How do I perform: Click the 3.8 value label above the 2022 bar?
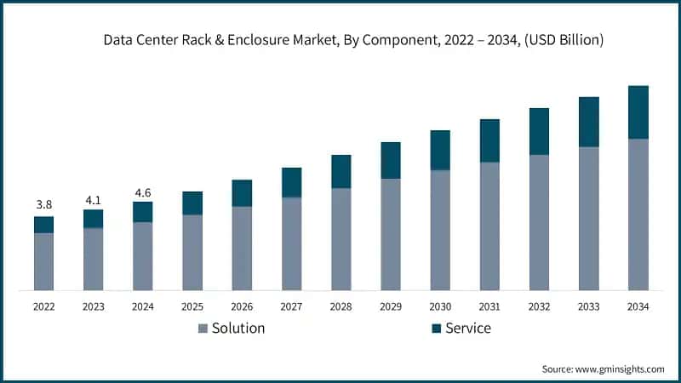pos(43,204)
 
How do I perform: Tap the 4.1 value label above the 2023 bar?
pos(93,201)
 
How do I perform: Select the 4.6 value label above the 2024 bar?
pos(142,192)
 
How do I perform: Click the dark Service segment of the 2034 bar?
pos(638,112)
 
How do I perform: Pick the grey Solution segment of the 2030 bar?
pos(440,230)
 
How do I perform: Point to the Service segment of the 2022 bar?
pos(43,225)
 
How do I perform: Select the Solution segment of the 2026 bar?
pos(242,248)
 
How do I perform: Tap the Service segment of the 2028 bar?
pos(340,172)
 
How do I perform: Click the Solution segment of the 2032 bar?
pos(539,222)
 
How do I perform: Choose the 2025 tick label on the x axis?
pos(192,306)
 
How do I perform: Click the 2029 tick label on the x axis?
pos(390,306)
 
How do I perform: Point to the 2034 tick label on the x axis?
pos(638,306)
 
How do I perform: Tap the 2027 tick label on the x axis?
pos(291,306)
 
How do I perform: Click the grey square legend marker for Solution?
pos(203,329)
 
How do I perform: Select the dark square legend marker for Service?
pos(437,329)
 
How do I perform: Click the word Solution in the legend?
pos(238,328)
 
